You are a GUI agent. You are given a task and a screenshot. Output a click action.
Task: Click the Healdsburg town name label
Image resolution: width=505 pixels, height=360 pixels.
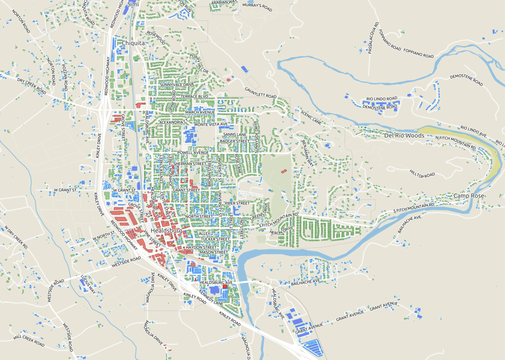tap(166, 231)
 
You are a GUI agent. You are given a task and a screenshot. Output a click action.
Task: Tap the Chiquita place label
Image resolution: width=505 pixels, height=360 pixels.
tap(133, 43)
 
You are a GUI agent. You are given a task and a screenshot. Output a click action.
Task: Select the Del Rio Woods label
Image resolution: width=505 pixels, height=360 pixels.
tap(404, 135)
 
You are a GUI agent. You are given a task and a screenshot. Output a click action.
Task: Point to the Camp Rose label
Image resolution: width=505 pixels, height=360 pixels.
tap(469, 196)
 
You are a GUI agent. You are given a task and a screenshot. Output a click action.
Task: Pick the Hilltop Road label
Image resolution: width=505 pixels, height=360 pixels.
tap(422, 173)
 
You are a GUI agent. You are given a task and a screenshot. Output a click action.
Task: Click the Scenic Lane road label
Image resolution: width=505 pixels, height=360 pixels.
tap(311, 117)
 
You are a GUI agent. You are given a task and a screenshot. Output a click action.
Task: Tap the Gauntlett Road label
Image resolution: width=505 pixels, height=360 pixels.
tap(260, 92)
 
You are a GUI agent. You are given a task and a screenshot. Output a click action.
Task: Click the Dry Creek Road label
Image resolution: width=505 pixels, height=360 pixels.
tap(32, 86)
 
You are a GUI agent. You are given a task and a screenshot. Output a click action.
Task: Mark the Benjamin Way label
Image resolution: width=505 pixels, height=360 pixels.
tap(308, 154)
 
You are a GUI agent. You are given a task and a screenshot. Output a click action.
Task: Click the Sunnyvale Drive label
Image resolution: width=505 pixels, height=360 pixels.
tap(176, 84)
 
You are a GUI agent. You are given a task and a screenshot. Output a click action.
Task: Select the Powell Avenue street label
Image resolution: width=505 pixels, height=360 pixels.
tap(193, 153)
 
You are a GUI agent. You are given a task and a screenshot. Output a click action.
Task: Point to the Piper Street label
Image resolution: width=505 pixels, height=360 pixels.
tap(237, 203)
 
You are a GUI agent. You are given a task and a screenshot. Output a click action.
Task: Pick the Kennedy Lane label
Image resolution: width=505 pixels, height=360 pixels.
tap(211, 297)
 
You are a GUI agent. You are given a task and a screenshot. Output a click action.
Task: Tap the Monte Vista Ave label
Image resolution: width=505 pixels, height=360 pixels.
tap(211, 124)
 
